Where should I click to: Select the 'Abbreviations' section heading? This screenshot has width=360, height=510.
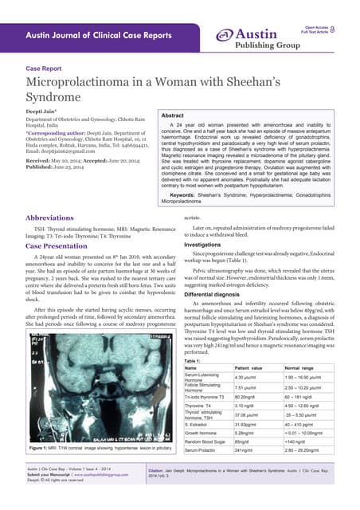point(57,217)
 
